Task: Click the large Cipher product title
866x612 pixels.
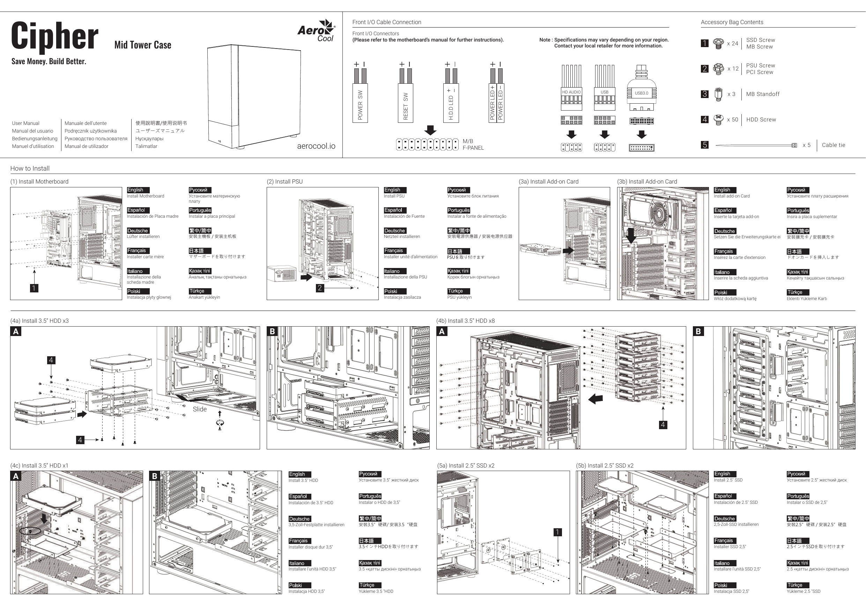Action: [x=55, y=37]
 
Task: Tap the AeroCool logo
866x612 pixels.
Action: [x=316, y=31]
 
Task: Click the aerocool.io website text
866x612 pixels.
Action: [x=316, y=146]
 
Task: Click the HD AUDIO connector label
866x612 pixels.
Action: [x=571, y=92]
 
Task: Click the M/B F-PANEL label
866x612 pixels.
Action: [x=473, y=144]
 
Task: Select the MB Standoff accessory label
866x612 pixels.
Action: [x=763, y=94]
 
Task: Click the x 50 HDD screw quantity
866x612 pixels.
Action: [x=732, y=120]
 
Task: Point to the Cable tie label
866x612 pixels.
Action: [x=834, y=145]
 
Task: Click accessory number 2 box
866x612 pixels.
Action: [x=705, y=69]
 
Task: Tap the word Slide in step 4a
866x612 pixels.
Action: [x=200, y=409]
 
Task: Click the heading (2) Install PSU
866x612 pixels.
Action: [x=285, y=182]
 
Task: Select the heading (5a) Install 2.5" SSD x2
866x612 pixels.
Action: [x=466, y=466]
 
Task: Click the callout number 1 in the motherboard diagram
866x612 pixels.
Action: [x=34, y=288]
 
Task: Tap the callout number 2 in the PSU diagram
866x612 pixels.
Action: [x=320, y=288]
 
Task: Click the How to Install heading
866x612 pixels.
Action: [x=30, y=169]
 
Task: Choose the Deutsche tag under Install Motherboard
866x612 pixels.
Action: [x=138, y=231]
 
